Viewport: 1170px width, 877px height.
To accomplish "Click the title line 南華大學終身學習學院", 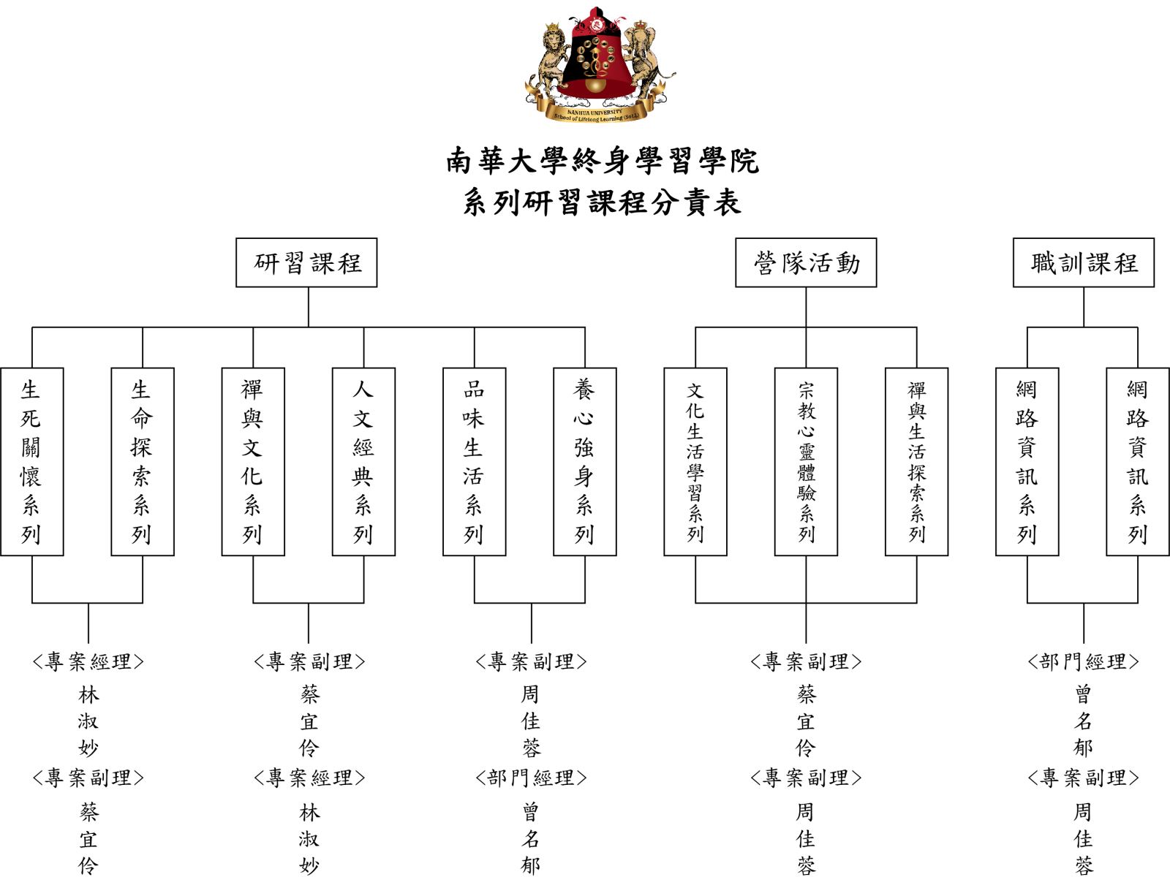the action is pyautogui.click(x=603, y=160).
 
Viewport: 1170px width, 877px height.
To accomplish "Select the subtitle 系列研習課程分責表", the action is pyautogui.click(x=603, y=202).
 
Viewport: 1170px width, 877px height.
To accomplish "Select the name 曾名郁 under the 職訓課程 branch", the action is pyautogui.click(x=1082, y=721).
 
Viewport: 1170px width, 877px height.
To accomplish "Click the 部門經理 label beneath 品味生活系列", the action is pyautogui.click(x=531, y=778).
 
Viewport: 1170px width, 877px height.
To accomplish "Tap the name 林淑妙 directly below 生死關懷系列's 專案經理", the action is pyautogui.click(x=88, y=721).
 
